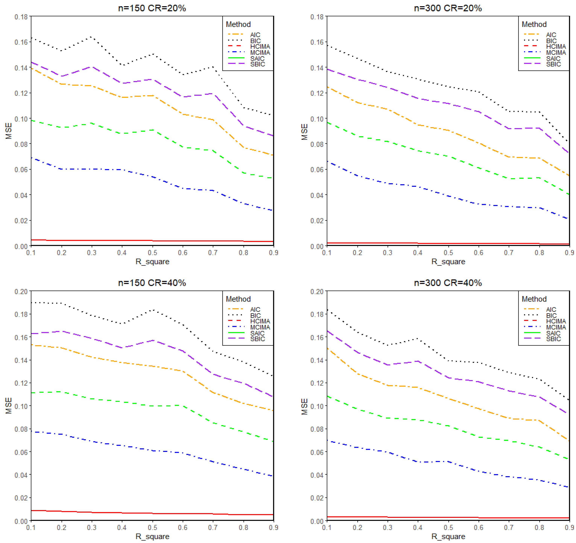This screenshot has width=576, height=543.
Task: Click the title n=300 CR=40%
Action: (448, 283)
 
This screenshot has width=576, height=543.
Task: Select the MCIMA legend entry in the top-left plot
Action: (260, 53)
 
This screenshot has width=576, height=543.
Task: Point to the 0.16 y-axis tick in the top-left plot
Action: (21, 42)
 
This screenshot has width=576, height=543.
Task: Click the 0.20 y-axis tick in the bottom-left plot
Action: (21, 291)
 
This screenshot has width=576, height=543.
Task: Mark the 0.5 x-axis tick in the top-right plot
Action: (448, 253)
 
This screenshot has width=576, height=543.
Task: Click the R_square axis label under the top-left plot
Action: (152, 262)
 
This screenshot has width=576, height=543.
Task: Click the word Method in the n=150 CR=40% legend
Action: (238, 299)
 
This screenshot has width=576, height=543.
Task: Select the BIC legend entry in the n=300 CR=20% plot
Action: (551, 41)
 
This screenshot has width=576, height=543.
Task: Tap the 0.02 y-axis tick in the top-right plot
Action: (317, 221)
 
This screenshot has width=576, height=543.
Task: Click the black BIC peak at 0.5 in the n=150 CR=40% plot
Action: (153, 310)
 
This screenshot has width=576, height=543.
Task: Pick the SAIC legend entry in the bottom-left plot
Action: (257, 333)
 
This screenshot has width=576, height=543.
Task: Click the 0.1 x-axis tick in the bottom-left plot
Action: (31, 527)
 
